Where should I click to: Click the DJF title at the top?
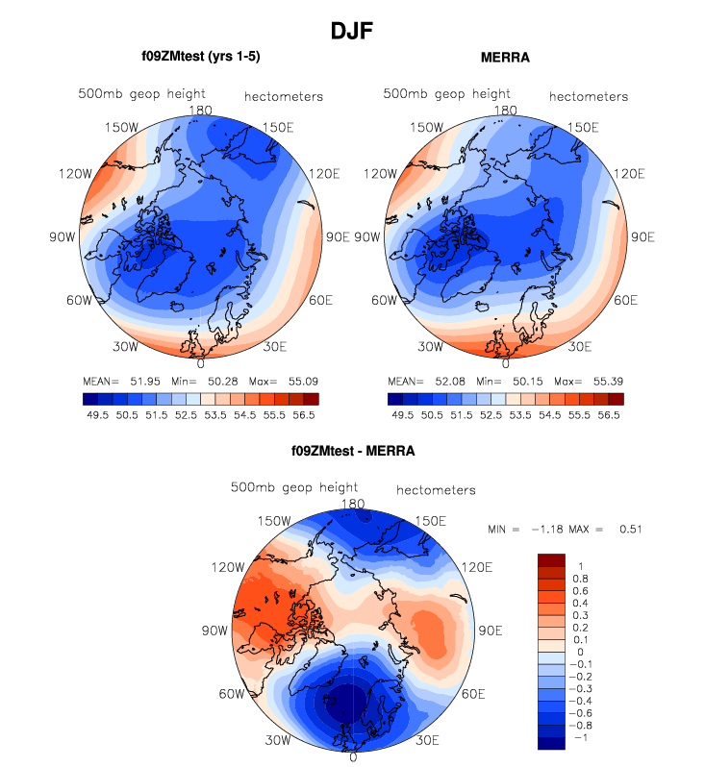352,31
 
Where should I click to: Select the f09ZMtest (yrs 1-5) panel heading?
200,58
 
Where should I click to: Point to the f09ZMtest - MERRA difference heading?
353,451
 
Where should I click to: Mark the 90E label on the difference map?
491,631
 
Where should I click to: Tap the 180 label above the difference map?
353,504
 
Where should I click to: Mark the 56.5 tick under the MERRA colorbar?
608,415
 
